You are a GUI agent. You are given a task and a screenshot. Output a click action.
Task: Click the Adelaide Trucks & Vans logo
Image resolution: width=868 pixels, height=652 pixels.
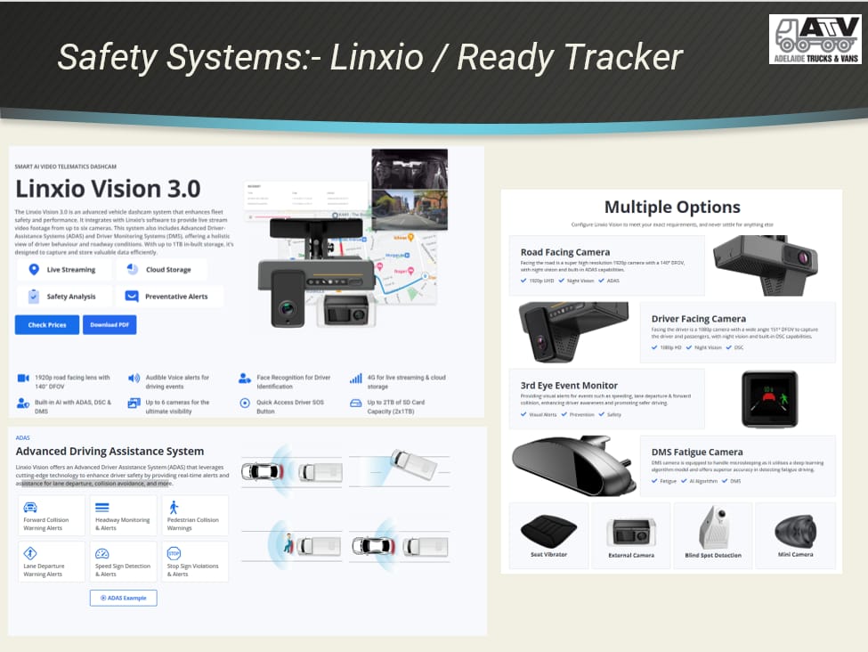pos(815,39)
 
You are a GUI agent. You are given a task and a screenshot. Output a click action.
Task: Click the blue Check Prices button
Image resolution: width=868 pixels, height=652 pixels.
pos(46,325)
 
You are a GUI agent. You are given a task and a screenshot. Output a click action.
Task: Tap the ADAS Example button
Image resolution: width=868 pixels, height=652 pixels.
pos(123,598)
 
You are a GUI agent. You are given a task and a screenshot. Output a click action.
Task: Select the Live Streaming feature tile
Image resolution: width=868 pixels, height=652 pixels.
pos(63,269)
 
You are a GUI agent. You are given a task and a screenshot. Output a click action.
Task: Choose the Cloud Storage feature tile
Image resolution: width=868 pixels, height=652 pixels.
pos(161,269)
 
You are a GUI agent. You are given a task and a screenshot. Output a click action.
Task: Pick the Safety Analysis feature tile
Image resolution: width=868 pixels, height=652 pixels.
pos(63,297)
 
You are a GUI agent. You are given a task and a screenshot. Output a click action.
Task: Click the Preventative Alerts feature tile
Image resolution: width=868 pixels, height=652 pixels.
pos(169,297)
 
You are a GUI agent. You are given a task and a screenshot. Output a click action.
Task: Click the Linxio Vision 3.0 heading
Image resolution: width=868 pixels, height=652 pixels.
pos(108,189)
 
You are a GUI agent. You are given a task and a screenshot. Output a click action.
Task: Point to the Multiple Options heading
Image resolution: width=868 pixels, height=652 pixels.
pos(672,208)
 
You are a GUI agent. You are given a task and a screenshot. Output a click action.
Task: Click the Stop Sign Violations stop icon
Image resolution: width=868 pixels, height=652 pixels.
pos(174,553)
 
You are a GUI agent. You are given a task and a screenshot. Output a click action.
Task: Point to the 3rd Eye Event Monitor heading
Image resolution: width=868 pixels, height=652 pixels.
pos(569,386)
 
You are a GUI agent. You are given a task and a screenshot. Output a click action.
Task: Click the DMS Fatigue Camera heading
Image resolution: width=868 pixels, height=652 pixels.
pos(697,452)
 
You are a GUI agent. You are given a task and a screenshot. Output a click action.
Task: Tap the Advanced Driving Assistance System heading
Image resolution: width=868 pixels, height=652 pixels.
pos(110,452)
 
